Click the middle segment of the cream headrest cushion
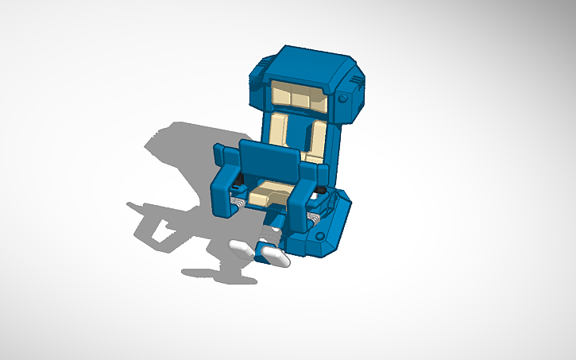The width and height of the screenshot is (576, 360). point(300,97)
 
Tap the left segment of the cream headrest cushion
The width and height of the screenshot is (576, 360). point(283,95)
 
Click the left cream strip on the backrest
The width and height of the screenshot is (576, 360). point(279,129)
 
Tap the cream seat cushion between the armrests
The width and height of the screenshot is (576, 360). point(269,190)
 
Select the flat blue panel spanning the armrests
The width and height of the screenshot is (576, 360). point(270,162)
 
